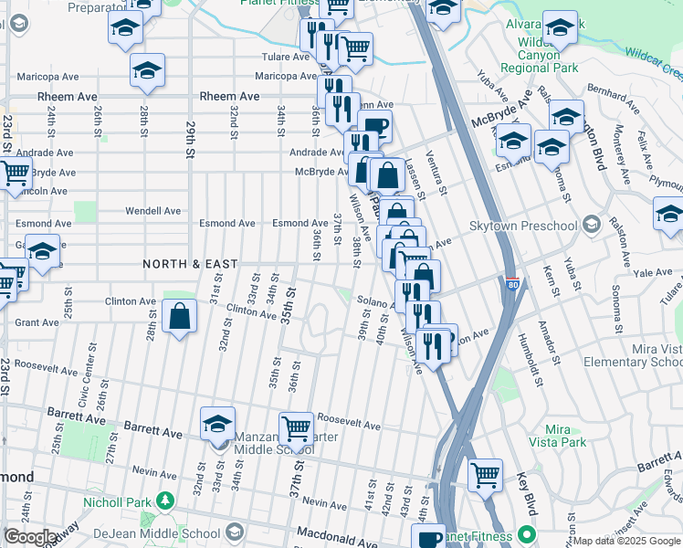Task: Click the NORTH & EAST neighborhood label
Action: tap(190, 264)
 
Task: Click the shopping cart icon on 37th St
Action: tap(296, 428)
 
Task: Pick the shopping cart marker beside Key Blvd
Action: tap(485, 474)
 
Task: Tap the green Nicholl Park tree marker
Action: tap(164, 500)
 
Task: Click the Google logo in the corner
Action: tap(29, 538)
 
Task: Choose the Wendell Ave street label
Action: tap(153, 211)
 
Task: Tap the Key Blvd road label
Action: tap(527, 492)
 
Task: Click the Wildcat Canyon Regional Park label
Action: tap(548, 55)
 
